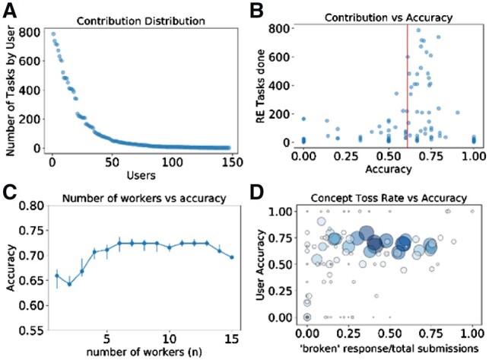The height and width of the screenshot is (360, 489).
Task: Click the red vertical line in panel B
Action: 408,84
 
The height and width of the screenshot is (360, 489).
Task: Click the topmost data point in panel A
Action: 52,33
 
